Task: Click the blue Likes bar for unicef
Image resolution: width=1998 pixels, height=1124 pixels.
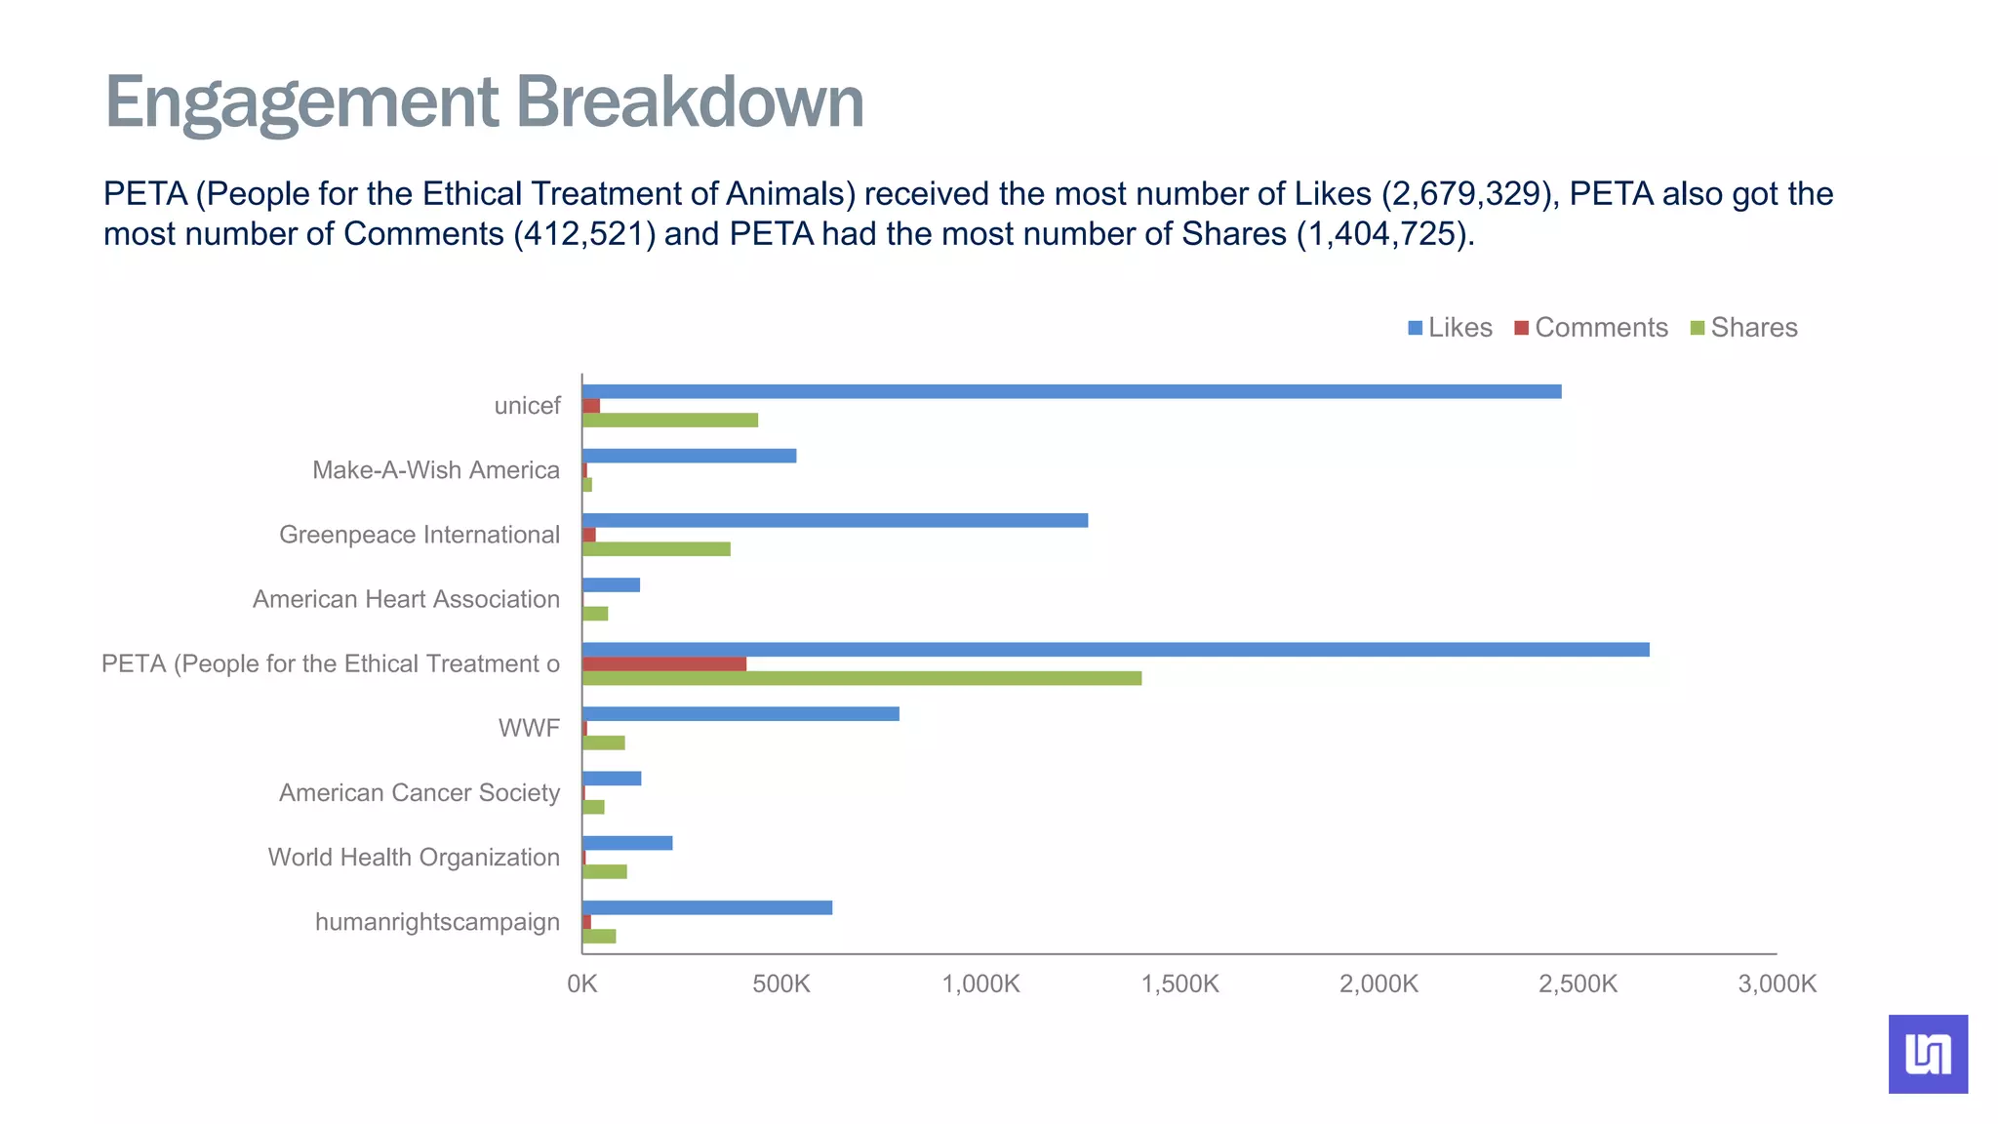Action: pos(1071,391)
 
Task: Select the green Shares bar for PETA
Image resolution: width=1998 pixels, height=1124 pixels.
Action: pos(861,678)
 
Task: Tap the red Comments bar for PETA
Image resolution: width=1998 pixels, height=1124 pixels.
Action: pos(663,663)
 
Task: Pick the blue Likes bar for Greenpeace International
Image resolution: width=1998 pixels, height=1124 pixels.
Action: pos(834,520)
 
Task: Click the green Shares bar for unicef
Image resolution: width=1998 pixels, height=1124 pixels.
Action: pos(669,421)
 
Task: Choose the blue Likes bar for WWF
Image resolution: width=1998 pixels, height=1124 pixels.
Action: pos(739,714)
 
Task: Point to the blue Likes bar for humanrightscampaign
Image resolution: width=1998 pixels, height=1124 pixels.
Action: pos(706,907)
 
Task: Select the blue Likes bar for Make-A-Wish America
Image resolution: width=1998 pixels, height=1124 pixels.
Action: pos(689,456)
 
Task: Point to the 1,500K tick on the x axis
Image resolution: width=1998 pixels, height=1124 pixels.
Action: pos(1179,983)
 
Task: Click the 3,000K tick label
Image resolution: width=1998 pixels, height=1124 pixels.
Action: pos(1777,983)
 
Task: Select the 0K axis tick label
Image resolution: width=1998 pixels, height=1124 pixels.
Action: pos(582,983)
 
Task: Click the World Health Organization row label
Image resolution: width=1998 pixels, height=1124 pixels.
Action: pos(414,857)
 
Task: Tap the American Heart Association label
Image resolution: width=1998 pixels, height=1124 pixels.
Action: pos(406,599)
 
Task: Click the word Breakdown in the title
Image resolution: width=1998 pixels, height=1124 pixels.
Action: pos(689,102)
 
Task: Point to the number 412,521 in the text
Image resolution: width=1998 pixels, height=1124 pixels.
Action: pos(584,234)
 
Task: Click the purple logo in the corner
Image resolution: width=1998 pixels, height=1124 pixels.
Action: pos(1927,1054)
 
